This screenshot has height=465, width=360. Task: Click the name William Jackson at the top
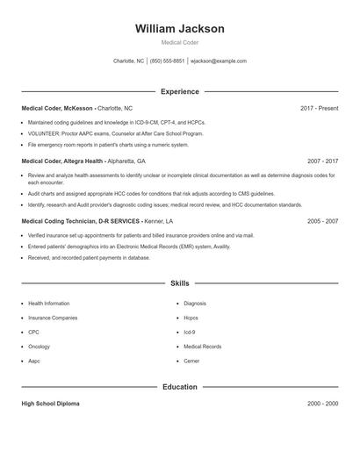180,29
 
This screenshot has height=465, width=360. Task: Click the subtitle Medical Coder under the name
180,43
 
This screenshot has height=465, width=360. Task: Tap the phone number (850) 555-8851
167,61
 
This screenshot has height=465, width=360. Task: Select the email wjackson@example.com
219,61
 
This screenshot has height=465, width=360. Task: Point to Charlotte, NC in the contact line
129,61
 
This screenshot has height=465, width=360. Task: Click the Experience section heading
180,91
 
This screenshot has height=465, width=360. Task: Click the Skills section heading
180,283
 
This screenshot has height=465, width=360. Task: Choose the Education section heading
180,386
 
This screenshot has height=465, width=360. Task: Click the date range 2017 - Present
319,108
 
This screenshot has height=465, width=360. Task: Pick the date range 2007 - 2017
322,161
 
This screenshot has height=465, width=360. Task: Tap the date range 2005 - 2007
322,222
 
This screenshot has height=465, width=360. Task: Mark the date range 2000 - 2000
322,404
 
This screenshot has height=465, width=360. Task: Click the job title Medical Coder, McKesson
56,108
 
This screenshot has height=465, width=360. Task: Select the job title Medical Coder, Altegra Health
62,161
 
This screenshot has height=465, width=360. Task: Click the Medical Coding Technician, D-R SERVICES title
80,222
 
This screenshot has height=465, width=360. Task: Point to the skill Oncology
39,347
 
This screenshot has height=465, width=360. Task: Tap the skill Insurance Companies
52,318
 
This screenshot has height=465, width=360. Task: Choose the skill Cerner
191,361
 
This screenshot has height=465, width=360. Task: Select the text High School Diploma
50,404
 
